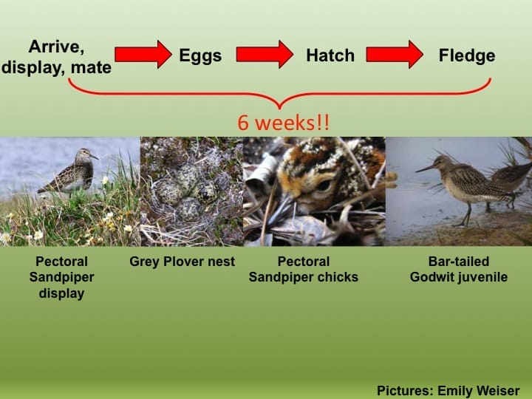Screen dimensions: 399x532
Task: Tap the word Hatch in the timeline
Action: click(x=330, y=56)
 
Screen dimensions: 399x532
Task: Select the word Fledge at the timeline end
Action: click(x=466, y=56)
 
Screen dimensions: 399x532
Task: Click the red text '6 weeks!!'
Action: click(x=283, y=123)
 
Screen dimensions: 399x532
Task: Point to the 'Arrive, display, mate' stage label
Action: click(x=56, y=58)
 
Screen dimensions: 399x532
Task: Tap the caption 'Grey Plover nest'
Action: click(x=183, y=262)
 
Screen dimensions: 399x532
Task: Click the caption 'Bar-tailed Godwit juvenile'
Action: click(x=459, y=270)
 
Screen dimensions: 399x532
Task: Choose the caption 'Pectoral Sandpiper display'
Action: click(x=61, y=277)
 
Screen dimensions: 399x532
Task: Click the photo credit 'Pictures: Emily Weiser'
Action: click(x=448, y=391)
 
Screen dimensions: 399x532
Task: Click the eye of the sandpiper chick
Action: click(x=324, y=185)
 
